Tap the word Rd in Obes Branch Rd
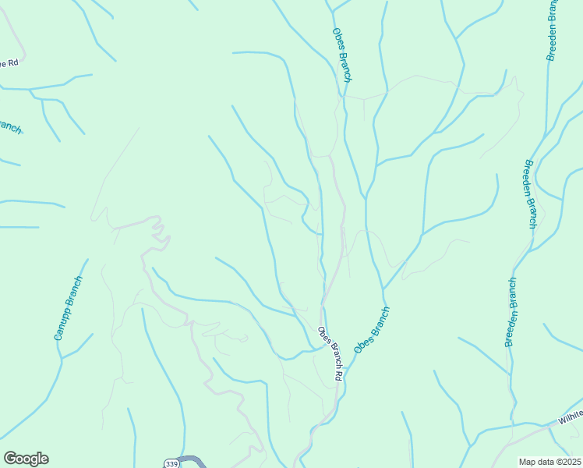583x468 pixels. coord(338,374)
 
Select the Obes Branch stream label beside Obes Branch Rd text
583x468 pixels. coord(372,330)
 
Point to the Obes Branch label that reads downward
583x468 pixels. coord(342,55)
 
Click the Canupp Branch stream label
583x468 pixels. coord(68,308)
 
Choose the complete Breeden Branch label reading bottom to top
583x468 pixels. coord(511,311)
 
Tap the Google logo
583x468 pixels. coord(26,459)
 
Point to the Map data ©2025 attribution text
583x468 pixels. coord(549,462)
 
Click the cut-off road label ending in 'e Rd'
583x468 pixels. coord(9,62)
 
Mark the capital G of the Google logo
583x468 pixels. coord(10,459)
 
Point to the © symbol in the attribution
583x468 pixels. coord(556,462)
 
